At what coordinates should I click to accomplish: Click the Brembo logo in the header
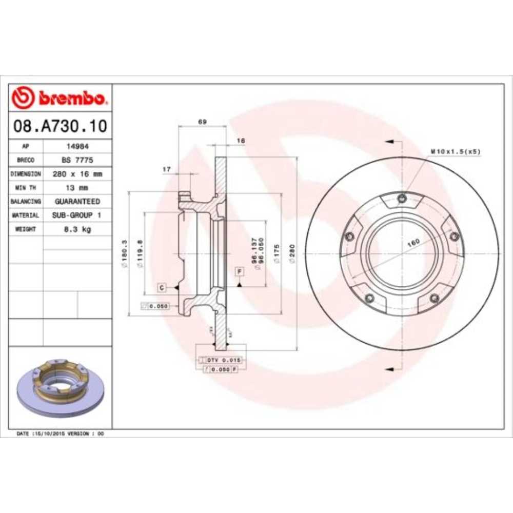60,97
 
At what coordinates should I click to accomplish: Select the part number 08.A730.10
60,126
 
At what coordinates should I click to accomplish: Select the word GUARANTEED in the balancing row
77,202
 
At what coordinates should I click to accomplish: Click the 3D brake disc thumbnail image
60,387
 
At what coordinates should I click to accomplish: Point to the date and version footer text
60,433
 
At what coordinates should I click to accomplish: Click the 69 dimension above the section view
202,122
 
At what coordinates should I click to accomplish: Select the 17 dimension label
166,169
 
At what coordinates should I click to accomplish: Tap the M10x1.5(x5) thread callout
455,151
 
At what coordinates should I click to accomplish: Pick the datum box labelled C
162,288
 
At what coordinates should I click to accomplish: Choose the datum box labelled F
239,270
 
